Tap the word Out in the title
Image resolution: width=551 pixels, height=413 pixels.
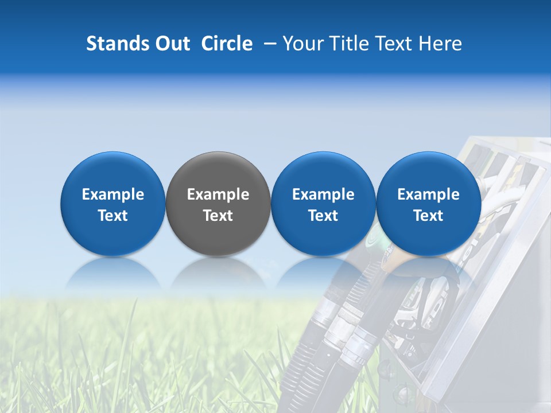click(x=171, y=44)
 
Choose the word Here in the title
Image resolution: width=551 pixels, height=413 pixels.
click(x=439, y=44)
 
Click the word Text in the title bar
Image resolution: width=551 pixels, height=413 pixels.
click(x=392, y=44)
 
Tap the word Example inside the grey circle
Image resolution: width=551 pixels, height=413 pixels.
click(x=218, y=194)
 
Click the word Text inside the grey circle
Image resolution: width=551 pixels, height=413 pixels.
click(x=218, y=216)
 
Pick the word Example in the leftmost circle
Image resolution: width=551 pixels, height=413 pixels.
click(x=113, y=194)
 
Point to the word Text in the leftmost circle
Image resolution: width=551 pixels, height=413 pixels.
click(x=113, y=216)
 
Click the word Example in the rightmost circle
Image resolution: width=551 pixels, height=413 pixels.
click(x=428, y=194)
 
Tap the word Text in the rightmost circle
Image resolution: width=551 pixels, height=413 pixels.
click(x=428, y=216)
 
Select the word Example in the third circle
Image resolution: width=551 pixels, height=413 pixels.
click(x=323, y=194)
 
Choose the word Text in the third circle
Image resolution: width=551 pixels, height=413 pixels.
click(x=323, y=216)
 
